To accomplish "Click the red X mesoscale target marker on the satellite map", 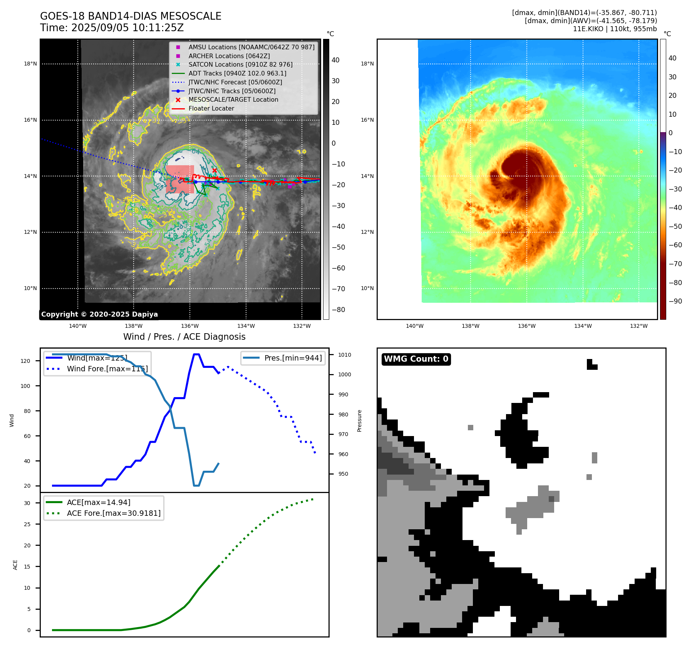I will click(214, 170).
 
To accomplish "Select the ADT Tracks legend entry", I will click(237, 73).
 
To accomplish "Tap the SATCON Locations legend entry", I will click(240, 64).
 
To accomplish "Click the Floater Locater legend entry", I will click(211, 108).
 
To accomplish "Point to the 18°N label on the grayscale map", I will click(30, 64).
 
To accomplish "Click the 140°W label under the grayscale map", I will click(78, 326).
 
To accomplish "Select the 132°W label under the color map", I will click(639, 326).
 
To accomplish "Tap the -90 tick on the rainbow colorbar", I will click(675, 301).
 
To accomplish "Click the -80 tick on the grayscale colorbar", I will click(338, 310).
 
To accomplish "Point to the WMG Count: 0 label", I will click(416, 359).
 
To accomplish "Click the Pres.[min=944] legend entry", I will click(293, 358).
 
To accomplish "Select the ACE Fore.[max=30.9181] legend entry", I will click(114, 513).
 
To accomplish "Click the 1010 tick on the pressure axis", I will click(345, 355).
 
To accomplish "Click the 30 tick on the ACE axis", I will click(27, 503).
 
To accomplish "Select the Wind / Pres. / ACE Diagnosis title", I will click(184, 337).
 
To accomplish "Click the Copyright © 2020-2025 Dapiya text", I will click(99, 314).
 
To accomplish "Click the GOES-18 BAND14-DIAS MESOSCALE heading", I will click(131, 16).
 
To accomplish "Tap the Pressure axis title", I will click(359, 421).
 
